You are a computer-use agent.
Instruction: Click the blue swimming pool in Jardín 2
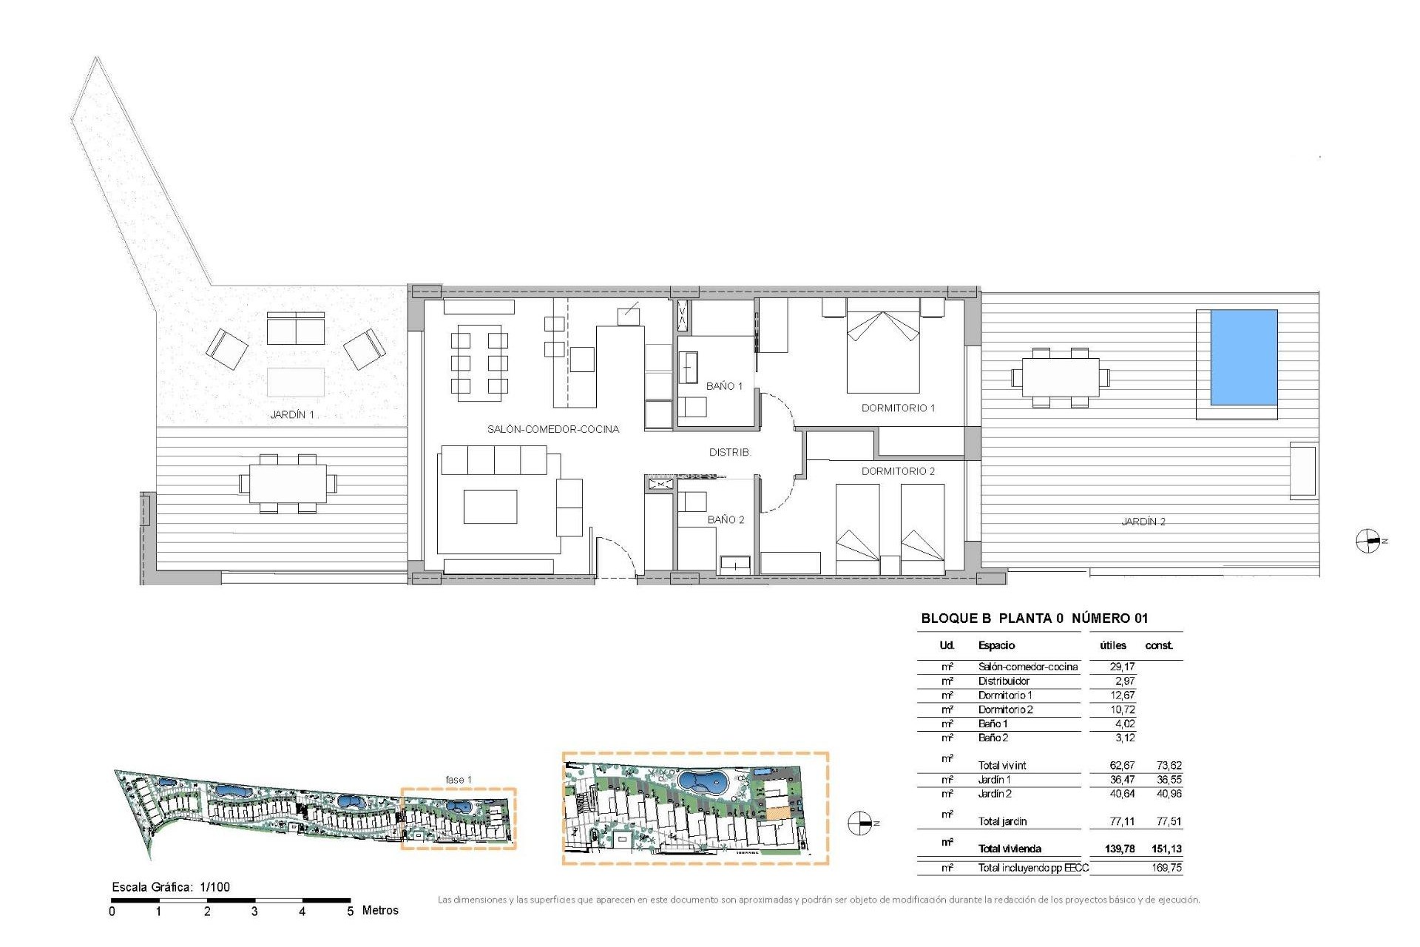[x=1243, y=357]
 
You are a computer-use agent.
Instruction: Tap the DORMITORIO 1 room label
[x=898, y=408]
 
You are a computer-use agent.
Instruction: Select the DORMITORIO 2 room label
[x=898, y=471]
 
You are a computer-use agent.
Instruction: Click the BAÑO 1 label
[x=724, y=386]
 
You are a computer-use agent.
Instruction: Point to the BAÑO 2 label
[x=726, y=519]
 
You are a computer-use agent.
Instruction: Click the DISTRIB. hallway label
[x=729, y=452]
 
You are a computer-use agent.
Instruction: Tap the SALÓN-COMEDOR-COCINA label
[x=552, y=429]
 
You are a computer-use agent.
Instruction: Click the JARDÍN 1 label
[x=292, y=414]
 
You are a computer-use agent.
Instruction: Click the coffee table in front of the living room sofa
[x=490, y=507]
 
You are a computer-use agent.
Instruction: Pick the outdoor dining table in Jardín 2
[x=1061, y=377]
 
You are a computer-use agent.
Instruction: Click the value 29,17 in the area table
[x=1122, y=667]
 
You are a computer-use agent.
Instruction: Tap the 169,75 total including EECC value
[x=1166, y=868]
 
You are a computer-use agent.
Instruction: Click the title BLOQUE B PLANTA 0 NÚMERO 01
[x=1034, y=619]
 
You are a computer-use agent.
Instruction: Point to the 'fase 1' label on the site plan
[x=458, y=780]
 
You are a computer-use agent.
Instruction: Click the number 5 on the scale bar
[x=351, y=911]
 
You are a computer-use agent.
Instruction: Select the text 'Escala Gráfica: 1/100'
[x=171, y=887]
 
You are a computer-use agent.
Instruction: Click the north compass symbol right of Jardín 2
[x=1368, y=542]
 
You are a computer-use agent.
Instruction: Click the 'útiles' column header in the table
[x=1112, y=645]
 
